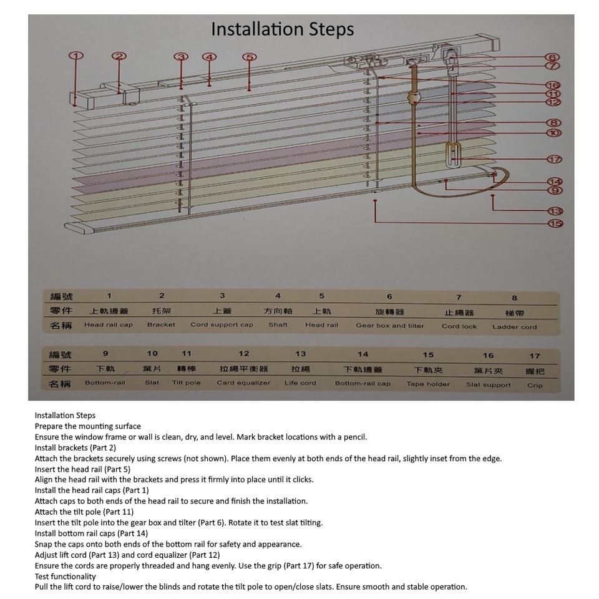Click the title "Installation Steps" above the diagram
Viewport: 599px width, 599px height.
pyautogui.click(x=282, y=29)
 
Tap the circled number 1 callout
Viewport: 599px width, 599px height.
pyautogui.click(x=76, y=56)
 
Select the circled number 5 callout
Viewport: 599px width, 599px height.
pyautogui.click(x=250, y=57)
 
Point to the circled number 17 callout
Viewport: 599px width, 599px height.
pyautogui.click(x=554, y=160)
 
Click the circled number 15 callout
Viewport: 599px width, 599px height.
pyautogui.click(x=555, y=223)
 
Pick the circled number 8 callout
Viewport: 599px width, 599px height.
pyautogui.click(x=553, y=124)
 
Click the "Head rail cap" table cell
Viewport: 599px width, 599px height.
pyautogui.click(x=109, y=325)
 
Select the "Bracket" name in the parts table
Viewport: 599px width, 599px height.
pyautogui.click(x=161, y=325)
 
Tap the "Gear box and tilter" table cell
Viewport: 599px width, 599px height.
pyautogui.click(x=389, y=326)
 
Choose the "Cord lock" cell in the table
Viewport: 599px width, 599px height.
pyautogui.click(x=459, y=326)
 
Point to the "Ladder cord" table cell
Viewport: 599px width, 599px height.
pyautogui.click(x=514, y=327)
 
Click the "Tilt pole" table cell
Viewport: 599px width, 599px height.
pyautogui.click(x=186, y=383)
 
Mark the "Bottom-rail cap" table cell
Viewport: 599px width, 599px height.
pyautogui.click(x=363, y=384)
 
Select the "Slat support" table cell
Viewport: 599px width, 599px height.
pyautogui.click(x=488, y=385)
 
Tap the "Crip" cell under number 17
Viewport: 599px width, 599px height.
pyautogui.click(x=535, y=386)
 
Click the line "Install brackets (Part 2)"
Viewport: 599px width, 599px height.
pyautogui.click(x=75, y=447)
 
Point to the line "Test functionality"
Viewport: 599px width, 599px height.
pyautogui.click(x=66, y=577)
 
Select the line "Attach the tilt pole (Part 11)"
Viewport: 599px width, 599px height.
pyautogui.click(x=84, y=512)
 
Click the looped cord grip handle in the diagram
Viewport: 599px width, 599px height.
pyautogui.click(x=454, y=155)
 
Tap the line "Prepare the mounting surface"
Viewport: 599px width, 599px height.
pyautogui.click(x=88, y=426)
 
